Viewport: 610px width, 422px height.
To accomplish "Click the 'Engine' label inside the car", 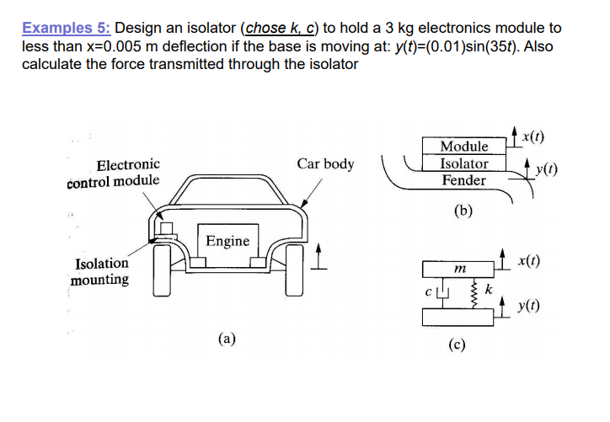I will coord(227,241).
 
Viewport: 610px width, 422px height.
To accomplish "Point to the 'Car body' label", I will coord(325,163).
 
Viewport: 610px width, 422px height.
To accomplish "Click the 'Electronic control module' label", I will coord(113,173).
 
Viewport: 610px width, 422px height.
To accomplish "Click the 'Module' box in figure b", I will coord(464,147).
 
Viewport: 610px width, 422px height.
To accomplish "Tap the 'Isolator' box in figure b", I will coord(464,163).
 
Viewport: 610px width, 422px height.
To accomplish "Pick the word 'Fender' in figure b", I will coord(464,180).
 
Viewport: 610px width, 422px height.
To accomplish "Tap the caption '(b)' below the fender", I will coord(463,211).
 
